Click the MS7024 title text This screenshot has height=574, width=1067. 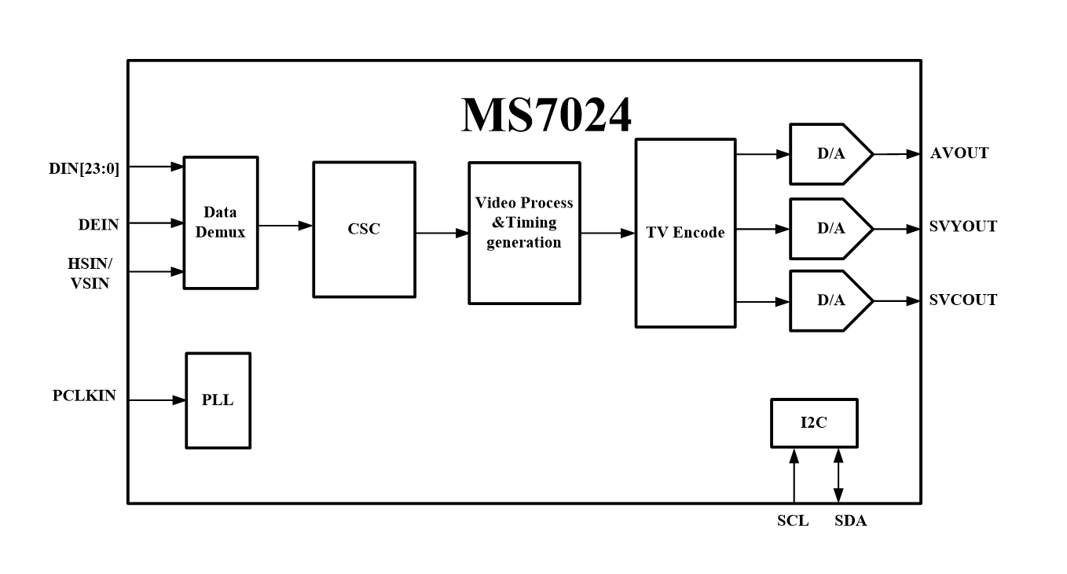[x=546, y=115]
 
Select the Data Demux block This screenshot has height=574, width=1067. [x=221, y=223]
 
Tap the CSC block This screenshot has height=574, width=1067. [x=364, y=230]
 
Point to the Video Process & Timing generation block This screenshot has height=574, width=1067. [x=524, y=233]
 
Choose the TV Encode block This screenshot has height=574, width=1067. [x=685, y=233]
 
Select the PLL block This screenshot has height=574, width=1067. [x=218, y=400]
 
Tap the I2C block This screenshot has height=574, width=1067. [x=814, y=423]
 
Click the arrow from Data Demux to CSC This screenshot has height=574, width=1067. [x=285, y=226]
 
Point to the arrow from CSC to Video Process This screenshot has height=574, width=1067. [x=442, y=233]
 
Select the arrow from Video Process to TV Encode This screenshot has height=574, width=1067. [x=607, y=233]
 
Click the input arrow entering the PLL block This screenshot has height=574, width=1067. [x=157, y=400]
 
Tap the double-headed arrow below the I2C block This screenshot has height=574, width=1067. [x=838, y=475]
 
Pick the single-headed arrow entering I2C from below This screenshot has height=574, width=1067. [x=794, y=475]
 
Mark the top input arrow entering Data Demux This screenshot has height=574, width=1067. [x=156, y=167]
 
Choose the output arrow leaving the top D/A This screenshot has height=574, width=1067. [x=896, y=154]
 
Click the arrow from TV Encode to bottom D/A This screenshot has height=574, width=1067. [x=762, y=301]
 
